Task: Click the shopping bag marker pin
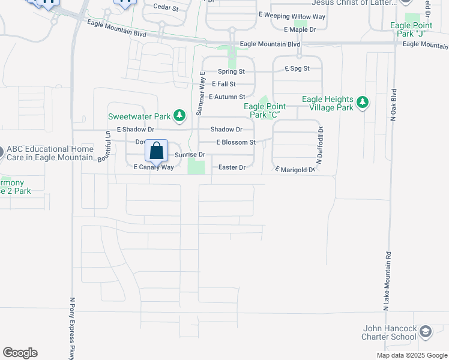156,152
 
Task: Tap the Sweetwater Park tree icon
178,115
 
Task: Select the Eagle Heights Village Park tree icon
362,103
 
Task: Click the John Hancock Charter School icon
426,332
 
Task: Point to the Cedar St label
166,8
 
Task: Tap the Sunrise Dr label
190,155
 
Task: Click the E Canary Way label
153,167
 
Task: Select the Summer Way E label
202,94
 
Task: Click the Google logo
20,353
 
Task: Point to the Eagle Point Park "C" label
264,110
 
